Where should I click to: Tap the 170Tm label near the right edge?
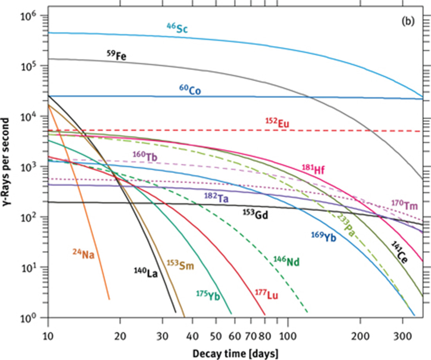click(404, 204)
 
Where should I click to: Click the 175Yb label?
click(208, 295)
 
